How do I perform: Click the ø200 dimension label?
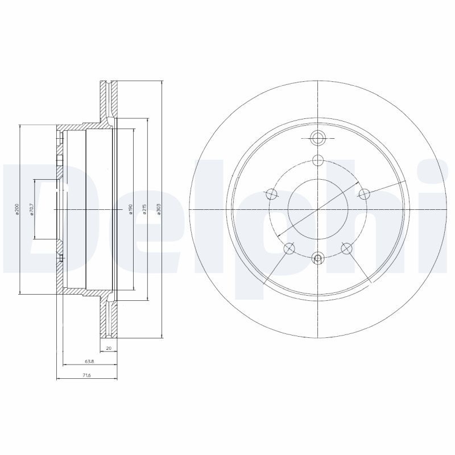click(x=17, y=209)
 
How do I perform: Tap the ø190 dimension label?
click(x=131, y=209)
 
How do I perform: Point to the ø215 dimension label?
click(x=145, y=209)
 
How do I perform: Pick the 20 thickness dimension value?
click(x=108, y=348)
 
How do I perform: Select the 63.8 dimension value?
click(x=89, y=362)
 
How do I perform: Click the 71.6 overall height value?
click(x=86, y=376)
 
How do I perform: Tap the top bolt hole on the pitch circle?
click(x=317, y=160)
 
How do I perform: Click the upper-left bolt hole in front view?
click(x=272, y=195)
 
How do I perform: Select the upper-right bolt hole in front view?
click(x=363, y=195)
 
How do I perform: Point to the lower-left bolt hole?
click(x=289, y=248)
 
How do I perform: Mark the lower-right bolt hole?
click(x=346, y=248)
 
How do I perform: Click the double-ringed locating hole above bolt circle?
click(x=317, y=137)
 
